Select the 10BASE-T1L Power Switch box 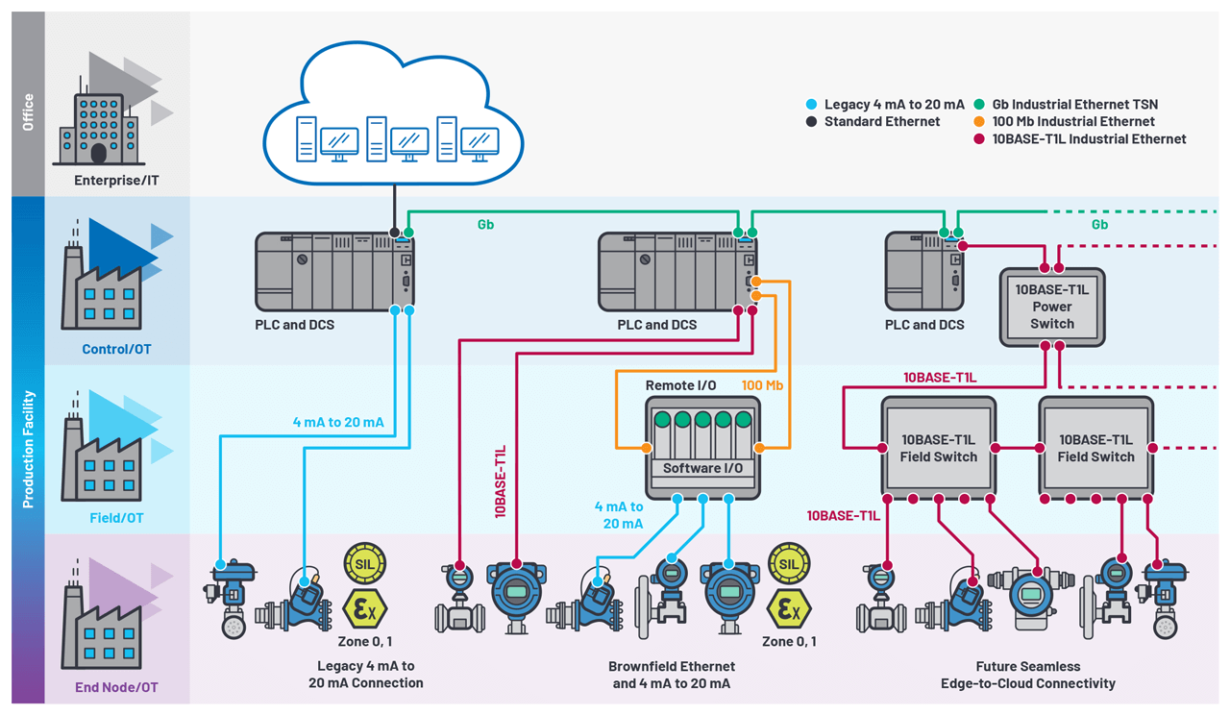[1052, 307]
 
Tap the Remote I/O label [680, 384]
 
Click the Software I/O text [702, 468]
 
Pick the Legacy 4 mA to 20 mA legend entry [885, 104]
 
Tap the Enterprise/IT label [117, 180]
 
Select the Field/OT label [117, 518]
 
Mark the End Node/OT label [116, 687]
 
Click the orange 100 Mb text [762, 384]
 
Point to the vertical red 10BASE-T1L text [501, 481]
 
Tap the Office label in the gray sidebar [28, 111]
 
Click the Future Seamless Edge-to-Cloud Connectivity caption [1028, 675]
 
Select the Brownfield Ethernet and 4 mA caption [672, 675]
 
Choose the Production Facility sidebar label [28, 449]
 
